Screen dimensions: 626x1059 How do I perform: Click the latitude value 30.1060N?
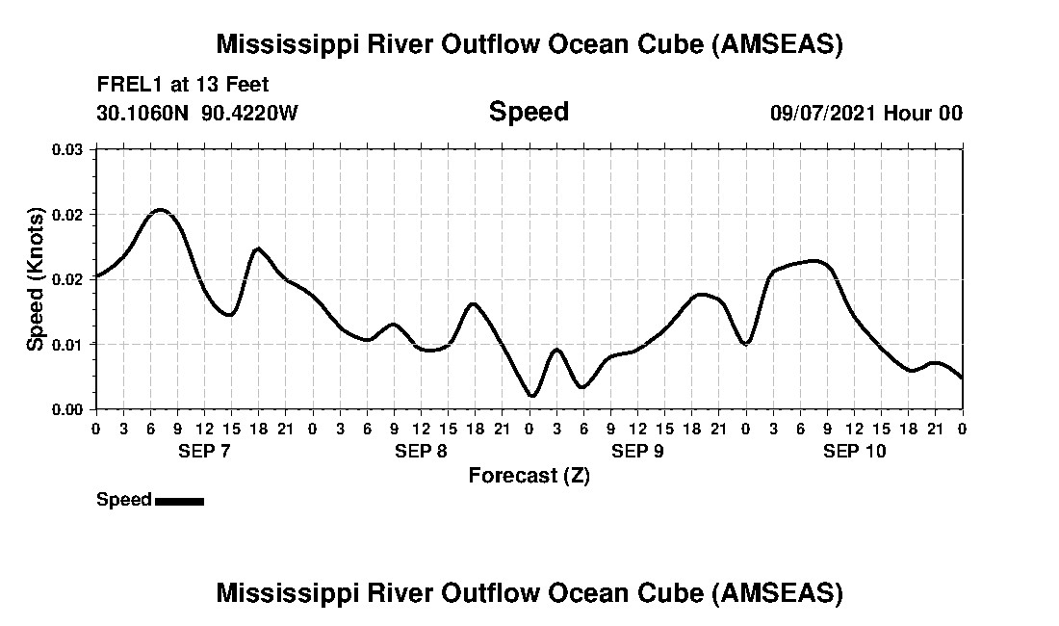coord(144,113)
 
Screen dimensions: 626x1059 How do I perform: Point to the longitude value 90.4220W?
coord(250,113)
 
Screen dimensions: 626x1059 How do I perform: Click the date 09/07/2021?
coord(823,113)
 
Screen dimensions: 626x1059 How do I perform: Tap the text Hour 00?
coord(923,113)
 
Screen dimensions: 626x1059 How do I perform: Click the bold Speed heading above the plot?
coord(529,112)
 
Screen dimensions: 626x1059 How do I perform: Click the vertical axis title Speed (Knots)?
coord(36,279)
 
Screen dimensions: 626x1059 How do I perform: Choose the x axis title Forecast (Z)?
coord(529,476)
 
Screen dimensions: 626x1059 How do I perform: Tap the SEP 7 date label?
coord(203,452)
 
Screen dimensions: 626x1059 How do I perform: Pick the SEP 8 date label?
coord(420,452)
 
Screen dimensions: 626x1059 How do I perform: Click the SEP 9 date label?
coord(637,452)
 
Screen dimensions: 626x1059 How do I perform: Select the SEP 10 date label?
coord(854,452)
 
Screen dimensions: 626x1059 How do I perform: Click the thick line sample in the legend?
coord(179,501)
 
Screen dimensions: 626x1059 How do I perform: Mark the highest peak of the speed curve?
coord(160,210)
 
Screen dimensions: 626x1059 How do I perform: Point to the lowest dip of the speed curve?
coord(531,395)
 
